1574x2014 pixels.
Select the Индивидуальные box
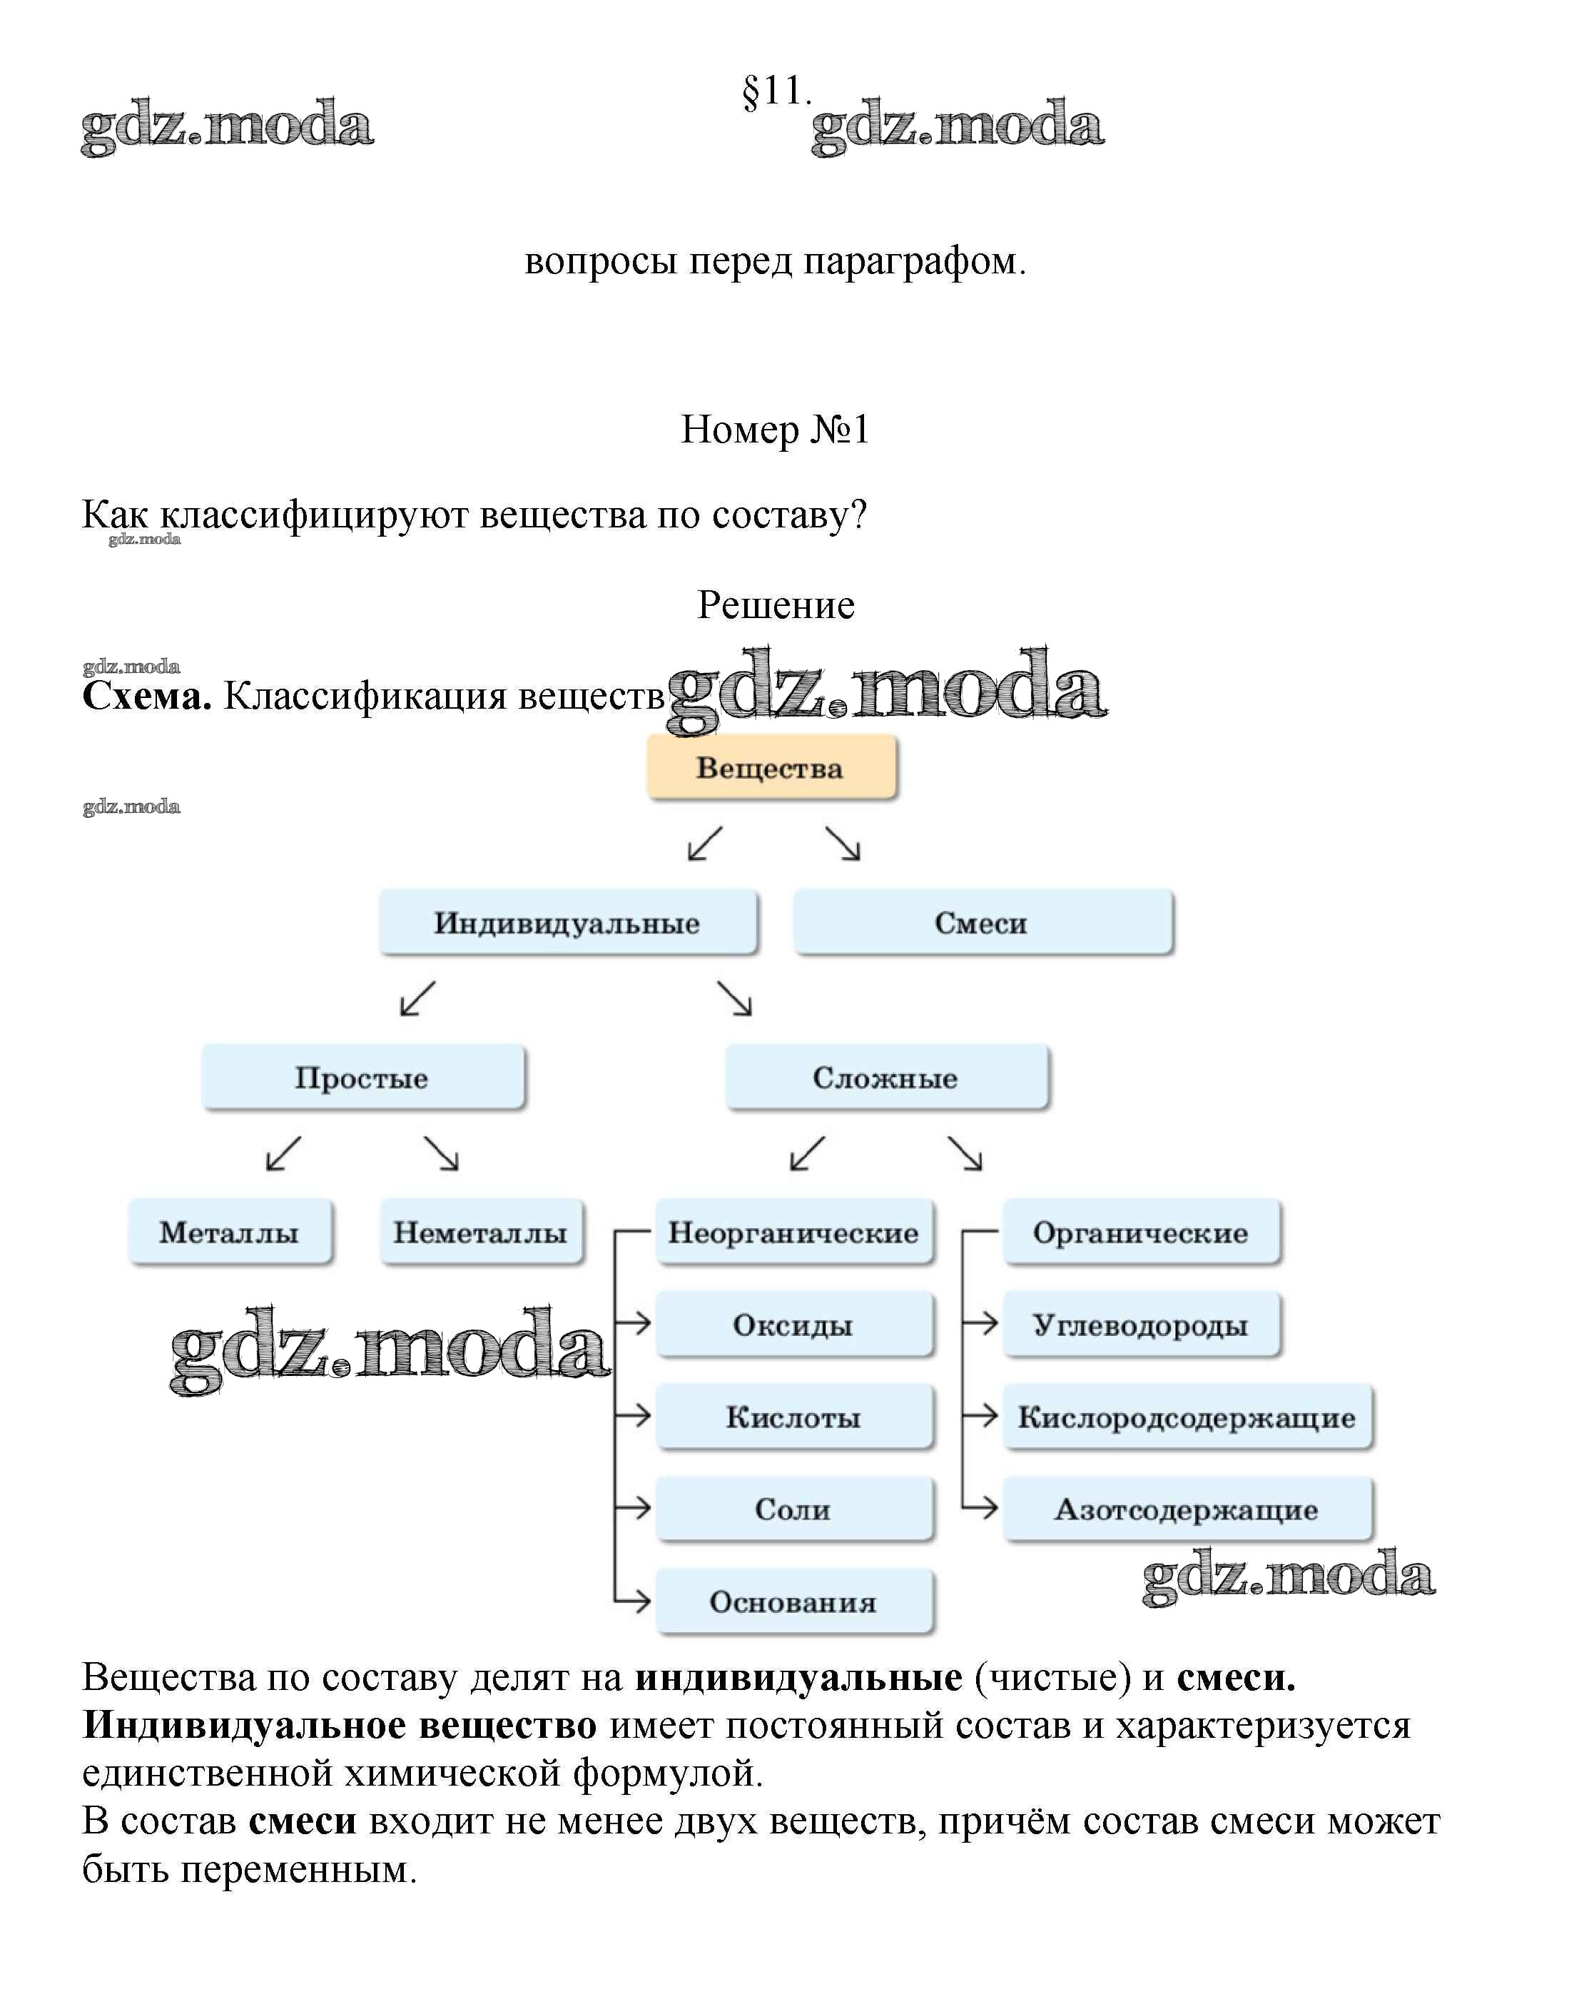[568, 922]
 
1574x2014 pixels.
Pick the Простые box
[362, 1077]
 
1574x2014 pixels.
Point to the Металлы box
[230, 1232]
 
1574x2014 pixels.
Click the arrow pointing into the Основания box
[634, 1601]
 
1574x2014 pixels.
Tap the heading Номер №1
[775, 430]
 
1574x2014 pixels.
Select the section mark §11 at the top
[775, 91]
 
